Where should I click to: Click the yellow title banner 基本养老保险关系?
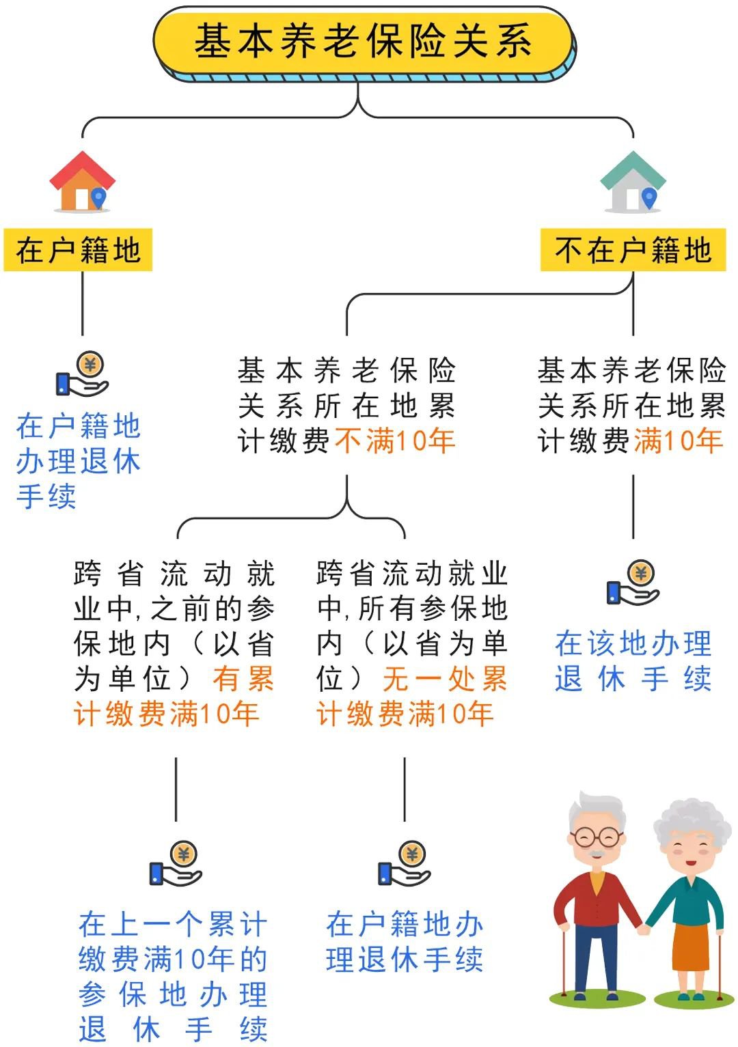pyautogui.click(x=363, y=41)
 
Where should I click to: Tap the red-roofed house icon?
pyautogui.click(x=82, y=182)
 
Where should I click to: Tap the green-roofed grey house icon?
pyautogui.click(x=633, y=182)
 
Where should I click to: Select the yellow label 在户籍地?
pyautogui.click(x=78, y=251)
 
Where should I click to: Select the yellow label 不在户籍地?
pyautogui.click(x=633, y=251)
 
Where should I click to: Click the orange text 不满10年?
pyautogui.click(x=395, y=441)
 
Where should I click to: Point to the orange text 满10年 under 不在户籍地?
pyautogui.click(x=678, y=441)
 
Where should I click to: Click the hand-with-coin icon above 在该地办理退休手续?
pyautogui.click(x=633, y=583)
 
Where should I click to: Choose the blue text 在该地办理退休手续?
pyautogui.click(x=633, y=661)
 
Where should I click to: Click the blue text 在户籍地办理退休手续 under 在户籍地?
pyautogui.click(x=78, y=461)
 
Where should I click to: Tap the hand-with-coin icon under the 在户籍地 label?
pyautogui.click(x=82, y=374)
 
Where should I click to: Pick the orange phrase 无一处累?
pyautogui.click(x=445, y=680)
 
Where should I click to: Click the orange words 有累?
pyautogui.click(x=243, y=680)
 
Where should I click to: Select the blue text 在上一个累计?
pyautogui.click(x=172, y=925)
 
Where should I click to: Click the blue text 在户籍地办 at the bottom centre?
pyautogui.click(x=405, y=925)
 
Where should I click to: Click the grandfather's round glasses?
pyautogui.click(x=596, y=836)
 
